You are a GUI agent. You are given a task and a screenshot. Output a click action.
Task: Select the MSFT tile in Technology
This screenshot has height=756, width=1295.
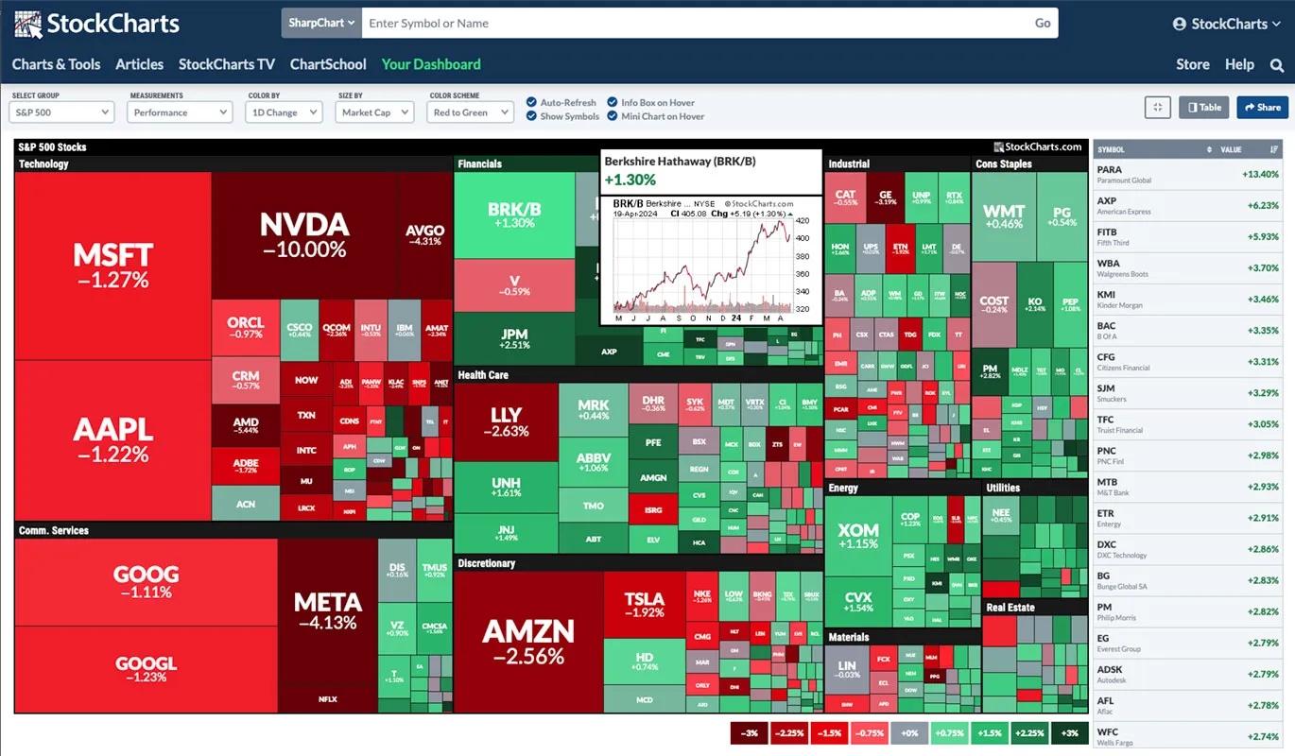point(112,265)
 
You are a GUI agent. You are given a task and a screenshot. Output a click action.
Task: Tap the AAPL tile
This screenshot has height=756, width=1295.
point(112,439)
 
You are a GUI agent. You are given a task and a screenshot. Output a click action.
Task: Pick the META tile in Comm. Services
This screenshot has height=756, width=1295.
point(326,610)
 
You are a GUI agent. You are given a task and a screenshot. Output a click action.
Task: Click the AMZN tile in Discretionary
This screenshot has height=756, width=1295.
point(528,641)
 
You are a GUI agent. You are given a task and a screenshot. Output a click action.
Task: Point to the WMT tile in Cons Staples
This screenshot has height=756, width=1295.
point(1003,216)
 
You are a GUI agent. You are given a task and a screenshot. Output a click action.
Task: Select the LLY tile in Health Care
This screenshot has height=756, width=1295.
point(506,421)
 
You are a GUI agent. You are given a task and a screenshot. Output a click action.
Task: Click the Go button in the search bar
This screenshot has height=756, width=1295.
point(1043,24)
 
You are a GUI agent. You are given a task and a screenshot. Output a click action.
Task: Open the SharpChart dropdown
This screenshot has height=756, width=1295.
point(321,24)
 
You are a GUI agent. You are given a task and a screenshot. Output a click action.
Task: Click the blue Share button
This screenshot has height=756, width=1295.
point(1262,108)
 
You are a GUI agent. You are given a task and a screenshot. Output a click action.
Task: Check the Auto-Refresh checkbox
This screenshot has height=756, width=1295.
point(532,102)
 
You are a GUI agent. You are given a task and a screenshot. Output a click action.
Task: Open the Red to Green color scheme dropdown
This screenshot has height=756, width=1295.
point(471,112)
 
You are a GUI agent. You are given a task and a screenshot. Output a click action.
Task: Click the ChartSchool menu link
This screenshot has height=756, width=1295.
point(328,64)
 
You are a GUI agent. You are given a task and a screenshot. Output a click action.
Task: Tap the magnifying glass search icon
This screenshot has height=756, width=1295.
point(1277,65)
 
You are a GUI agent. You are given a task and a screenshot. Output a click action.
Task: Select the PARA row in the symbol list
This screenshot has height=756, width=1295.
point(1187,175)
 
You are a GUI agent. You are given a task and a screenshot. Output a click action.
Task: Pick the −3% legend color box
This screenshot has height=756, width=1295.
point(750,733)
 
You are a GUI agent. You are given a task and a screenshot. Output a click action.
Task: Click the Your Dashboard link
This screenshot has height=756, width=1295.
point(431,64)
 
